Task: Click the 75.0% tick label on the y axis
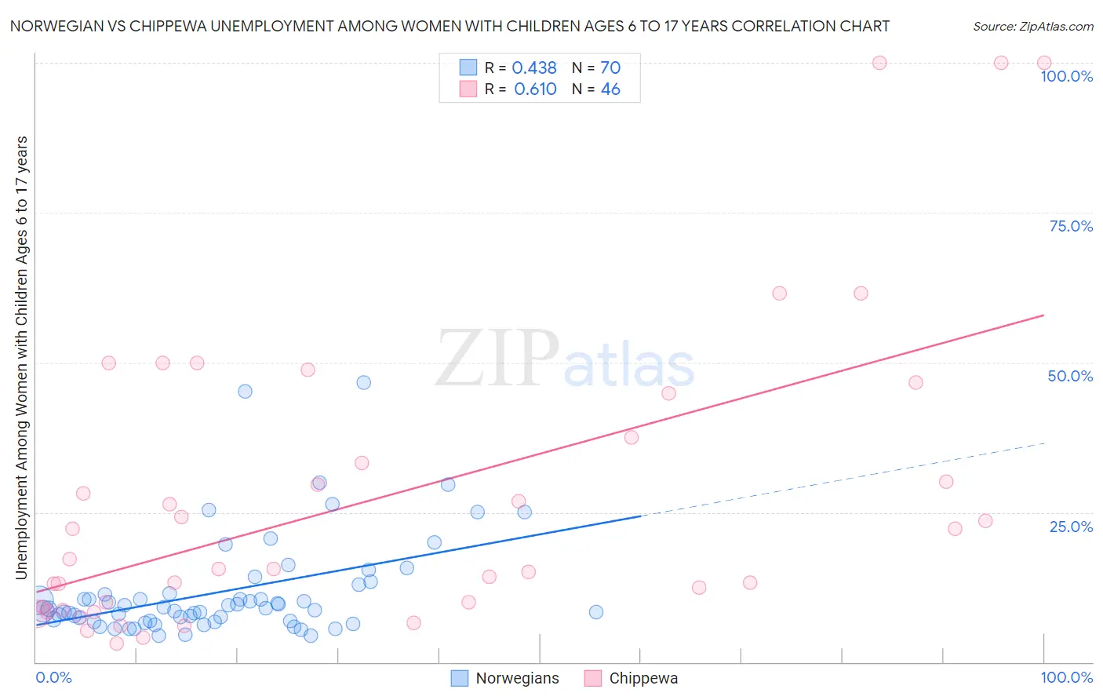click(x=1071, y=226)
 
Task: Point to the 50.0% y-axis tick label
click(x=1070, y=376)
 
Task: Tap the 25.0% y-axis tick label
click(x=1071, y=527)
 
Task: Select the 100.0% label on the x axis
click(x=1066, y=677)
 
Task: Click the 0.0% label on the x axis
click(x=53, y=677)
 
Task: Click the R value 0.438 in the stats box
click(x=533, y=68)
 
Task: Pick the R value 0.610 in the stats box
click(x=535, y=89)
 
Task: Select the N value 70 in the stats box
click(x=610, y=68)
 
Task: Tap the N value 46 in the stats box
click(x=610, y=89)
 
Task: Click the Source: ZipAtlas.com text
click(x=1032, y=26)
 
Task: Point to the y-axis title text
click(x=21, y=357)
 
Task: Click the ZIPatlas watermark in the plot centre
click(x=565, y=359)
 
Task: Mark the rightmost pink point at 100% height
click(x=1044, y=63)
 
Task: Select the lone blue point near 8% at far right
click(x=596, y=612)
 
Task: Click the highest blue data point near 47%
click(x=363, y=382)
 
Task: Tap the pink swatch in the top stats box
click(x=468, y=89)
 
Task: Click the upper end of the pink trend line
click(x=1043, y=315)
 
